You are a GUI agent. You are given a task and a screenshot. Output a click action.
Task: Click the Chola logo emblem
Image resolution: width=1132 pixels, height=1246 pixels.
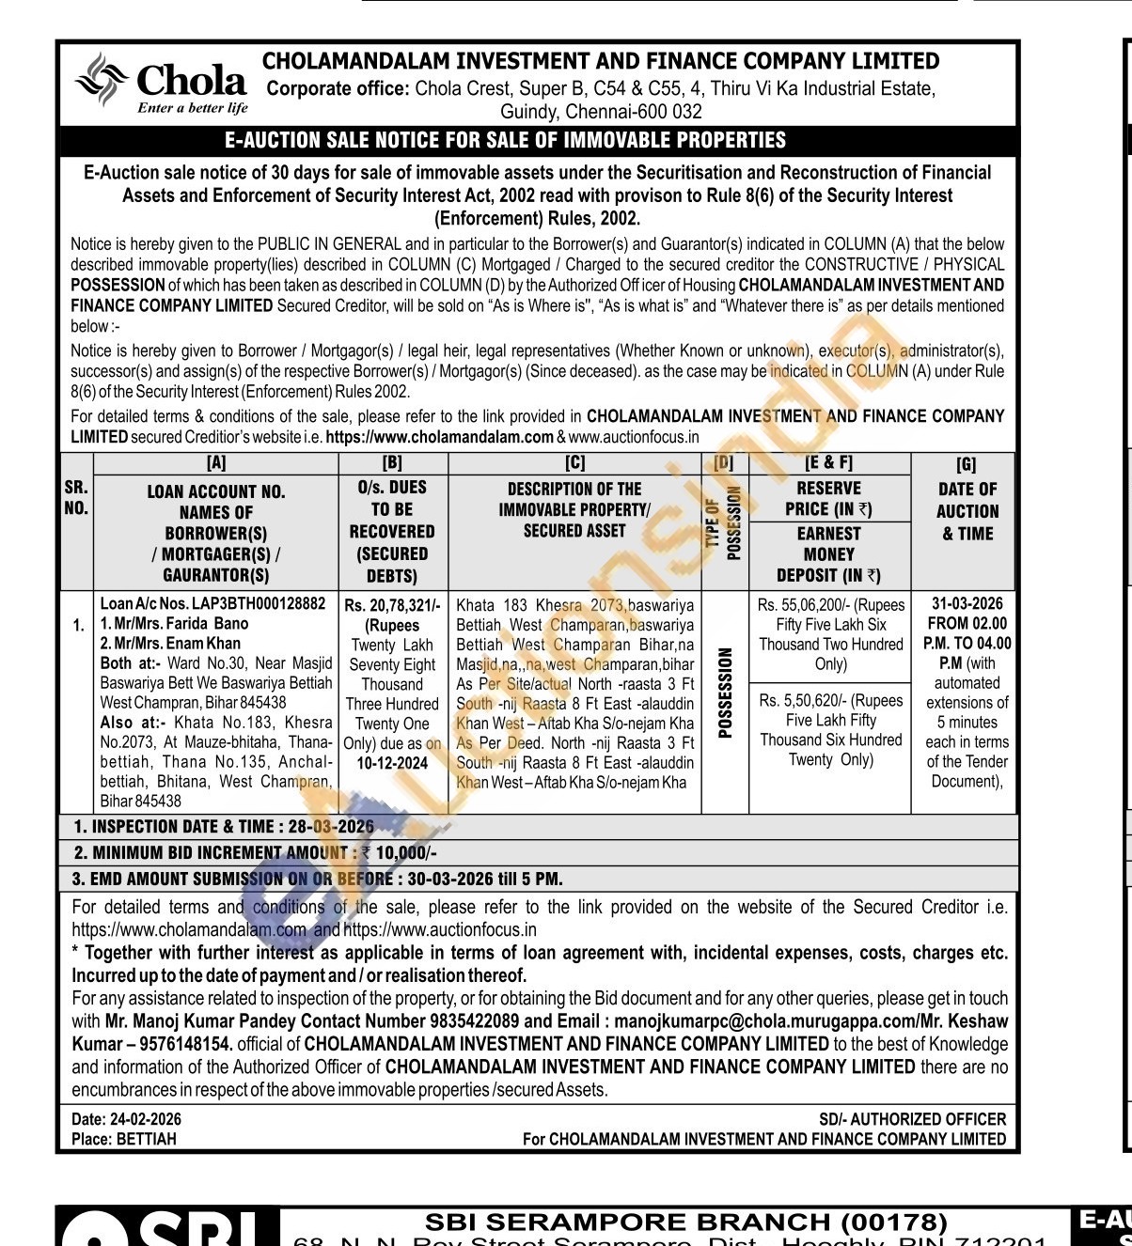pyautogui.click(x=102, y=77)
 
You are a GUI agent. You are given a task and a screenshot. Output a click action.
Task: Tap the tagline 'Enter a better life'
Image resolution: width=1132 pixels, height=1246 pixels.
pyautogui.click(x=193, y=108)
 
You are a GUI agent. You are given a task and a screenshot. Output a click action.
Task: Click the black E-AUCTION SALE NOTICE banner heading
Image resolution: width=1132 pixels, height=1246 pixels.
pyautogui.click(x=506, y=141)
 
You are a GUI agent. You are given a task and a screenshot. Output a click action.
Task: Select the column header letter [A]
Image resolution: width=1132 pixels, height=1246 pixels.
pyautogui.click(x=216, y=463)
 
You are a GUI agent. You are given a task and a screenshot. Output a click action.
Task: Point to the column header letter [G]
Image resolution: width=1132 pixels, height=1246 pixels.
pyautogui.click(x=966, y=465)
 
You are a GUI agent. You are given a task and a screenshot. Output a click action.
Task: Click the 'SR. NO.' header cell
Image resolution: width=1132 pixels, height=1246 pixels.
pyautogui.click(x=76, y=498)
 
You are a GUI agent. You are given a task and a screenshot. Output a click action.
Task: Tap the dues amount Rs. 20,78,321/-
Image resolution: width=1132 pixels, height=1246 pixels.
pyautogui.click(x=392, y=606)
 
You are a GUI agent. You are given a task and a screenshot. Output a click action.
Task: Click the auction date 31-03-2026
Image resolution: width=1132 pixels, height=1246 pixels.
pyautogui.click(x=967, y=603)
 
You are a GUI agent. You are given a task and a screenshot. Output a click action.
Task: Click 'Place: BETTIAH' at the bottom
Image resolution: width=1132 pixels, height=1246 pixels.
pyautogui.click(x=124, y=1139)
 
